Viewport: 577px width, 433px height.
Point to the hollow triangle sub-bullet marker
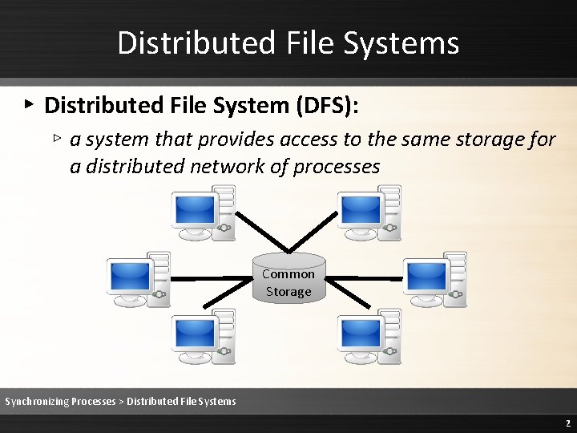57,138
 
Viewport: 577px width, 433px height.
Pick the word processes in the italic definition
336,167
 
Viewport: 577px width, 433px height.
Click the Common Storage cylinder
288,278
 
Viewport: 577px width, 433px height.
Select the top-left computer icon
204,212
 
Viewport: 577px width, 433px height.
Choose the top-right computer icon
369,212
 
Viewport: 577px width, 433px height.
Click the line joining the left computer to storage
210,279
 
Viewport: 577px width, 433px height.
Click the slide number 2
567,423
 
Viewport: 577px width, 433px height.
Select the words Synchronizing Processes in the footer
60,401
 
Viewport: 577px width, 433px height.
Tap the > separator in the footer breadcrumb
121,401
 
